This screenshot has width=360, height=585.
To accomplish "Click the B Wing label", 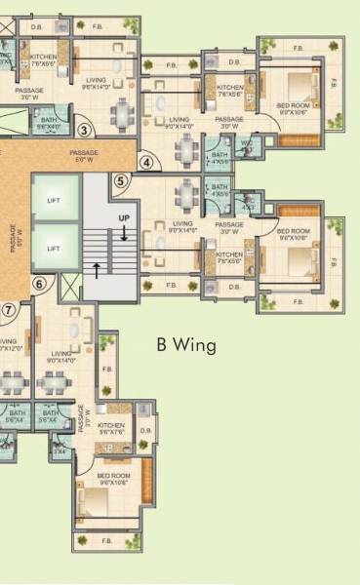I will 185,345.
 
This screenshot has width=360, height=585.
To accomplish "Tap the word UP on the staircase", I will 124,216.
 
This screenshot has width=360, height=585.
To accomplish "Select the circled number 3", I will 84,130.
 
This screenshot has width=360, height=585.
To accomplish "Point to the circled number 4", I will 147,163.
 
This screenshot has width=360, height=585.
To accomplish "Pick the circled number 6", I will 40,284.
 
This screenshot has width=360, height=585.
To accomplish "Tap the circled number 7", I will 8,310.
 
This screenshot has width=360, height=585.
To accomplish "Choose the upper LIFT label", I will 54,200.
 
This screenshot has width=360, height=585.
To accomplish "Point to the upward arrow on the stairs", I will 97,265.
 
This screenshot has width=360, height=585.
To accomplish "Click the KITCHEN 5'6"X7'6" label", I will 111,429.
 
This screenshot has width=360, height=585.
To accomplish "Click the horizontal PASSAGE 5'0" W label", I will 86,155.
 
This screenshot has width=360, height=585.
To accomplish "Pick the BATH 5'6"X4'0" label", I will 49,124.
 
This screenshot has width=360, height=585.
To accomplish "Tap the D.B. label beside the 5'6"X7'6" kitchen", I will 146,430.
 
